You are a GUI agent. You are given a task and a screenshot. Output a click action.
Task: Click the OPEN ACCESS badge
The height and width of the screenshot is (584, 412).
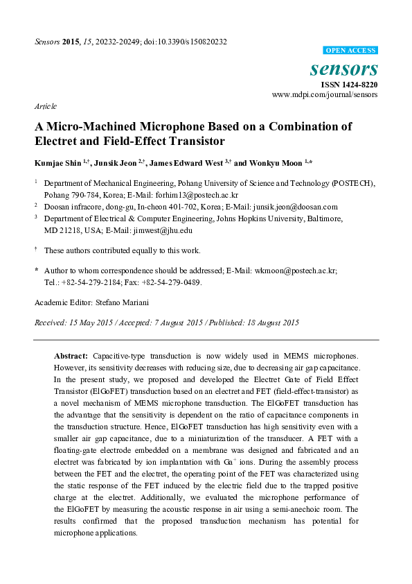tap(351, 51)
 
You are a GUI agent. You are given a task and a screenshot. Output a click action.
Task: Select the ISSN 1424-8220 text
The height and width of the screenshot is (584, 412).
tap(349, 85)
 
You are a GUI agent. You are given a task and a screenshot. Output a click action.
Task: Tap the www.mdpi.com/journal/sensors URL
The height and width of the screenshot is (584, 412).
tap(325, 94)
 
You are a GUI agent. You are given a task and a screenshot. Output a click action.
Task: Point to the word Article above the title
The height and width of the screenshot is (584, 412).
tap(45, 107)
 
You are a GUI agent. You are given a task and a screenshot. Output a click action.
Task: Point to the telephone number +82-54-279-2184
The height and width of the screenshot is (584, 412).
tap(89, 282)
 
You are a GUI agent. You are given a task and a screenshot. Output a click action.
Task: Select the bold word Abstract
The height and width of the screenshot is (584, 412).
tap(71, 354)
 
